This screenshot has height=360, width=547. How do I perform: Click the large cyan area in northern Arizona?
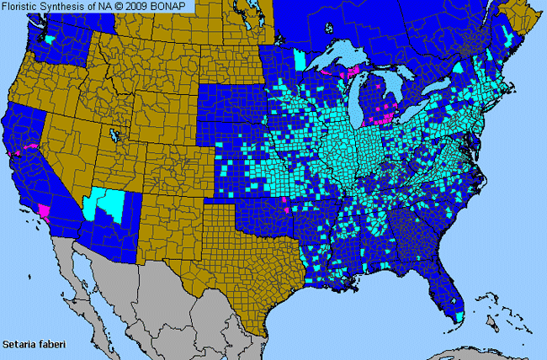[x=108, y=204]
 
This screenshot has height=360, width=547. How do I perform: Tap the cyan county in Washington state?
[x=53, y=40]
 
